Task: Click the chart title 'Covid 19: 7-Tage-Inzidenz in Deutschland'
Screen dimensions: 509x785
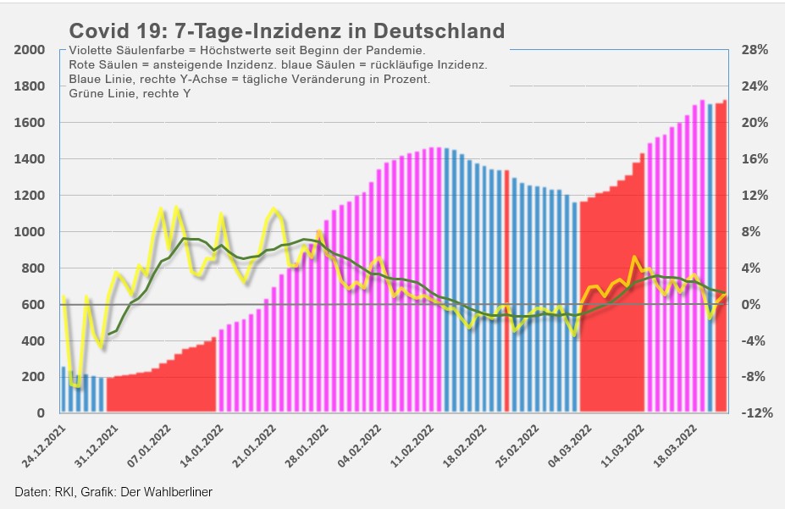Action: click(286, 31)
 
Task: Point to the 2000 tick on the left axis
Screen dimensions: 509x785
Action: click(30, 50)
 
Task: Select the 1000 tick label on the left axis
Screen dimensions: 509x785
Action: click(30, 232)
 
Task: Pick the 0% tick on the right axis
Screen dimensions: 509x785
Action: click(755, 305)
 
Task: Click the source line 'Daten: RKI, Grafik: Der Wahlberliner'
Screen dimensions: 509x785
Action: click(113, 492)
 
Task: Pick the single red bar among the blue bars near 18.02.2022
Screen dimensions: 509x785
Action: click(506, 288)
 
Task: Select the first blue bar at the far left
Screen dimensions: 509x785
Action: click(64, 390)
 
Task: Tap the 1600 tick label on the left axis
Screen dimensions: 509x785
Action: click(30, 123)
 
